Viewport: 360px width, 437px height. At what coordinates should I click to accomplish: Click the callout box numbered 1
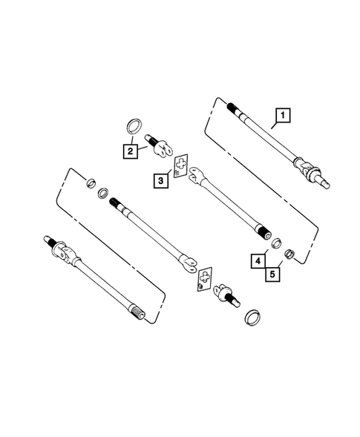283,115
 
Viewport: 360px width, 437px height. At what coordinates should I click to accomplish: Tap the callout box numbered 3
160,179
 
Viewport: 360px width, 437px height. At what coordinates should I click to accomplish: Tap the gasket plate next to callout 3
180,168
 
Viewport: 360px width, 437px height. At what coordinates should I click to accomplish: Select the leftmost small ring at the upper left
90,183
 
